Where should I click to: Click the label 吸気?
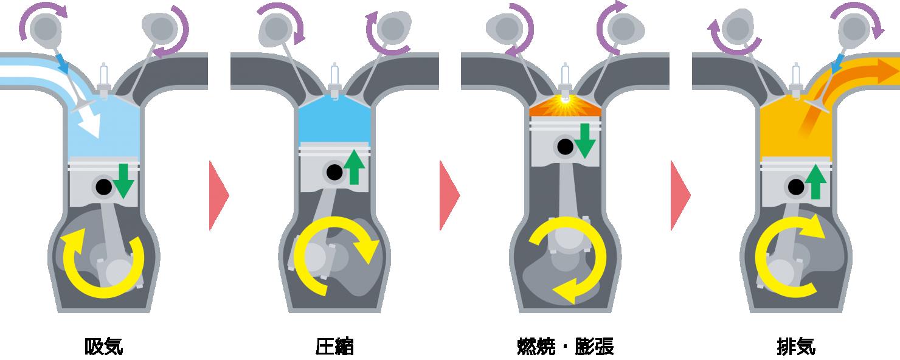point(103,347)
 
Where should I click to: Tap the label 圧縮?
point(334,347)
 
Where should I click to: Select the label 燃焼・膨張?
point(566,347)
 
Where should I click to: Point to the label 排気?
point(796,347)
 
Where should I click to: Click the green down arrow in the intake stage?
point(123,181)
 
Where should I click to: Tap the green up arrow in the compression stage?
point(354,167)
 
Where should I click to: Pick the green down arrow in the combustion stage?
point(585,140)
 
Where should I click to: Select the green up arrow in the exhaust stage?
point(815,182)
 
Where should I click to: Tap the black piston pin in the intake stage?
point(103,187)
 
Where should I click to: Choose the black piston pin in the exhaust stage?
point(796,187)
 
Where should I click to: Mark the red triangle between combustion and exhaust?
point(679,196)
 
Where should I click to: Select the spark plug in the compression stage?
point(334,79)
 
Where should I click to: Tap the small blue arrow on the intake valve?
point(61,64)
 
